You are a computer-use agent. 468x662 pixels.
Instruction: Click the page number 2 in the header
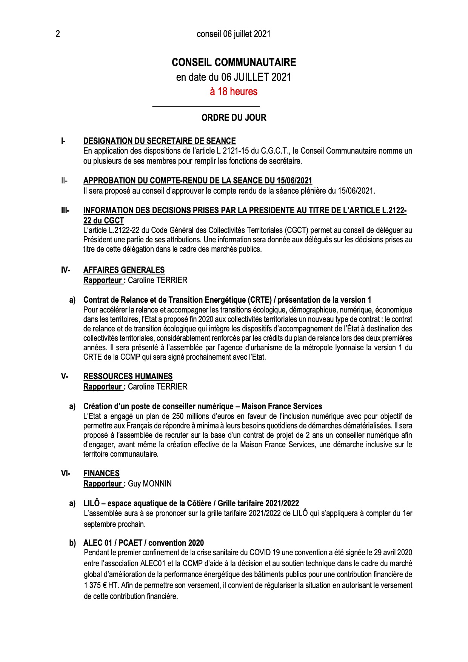pos(58,34)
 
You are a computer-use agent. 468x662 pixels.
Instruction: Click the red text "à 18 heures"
pos(234,91)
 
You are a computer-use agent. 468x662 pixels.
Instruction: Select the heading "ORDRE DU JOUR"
pos(234,118)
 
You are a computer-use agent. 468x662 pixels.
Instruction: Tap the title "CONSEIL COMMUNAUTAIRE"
pos(234,62)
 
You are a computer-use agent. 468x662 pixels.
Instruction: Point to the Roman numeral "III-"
pos(65,211)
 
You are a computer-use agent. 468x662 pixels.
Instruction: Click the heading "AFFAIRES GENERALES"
pos(124,270)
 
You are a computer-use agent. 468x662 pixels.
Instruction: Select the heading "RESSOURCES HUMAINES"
pos(128,377)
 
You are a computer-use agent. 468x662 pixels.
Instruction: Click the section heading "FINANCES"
pos(101,474)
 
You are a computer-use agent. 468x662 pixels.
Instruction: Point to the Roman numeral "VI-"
pos(65,474)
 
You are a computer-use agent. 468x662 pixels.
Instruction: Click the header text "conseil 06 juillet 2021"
pos(234,34)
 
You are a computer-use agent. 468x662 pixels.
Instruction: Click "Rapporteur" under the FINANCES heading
pos(102,484)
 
